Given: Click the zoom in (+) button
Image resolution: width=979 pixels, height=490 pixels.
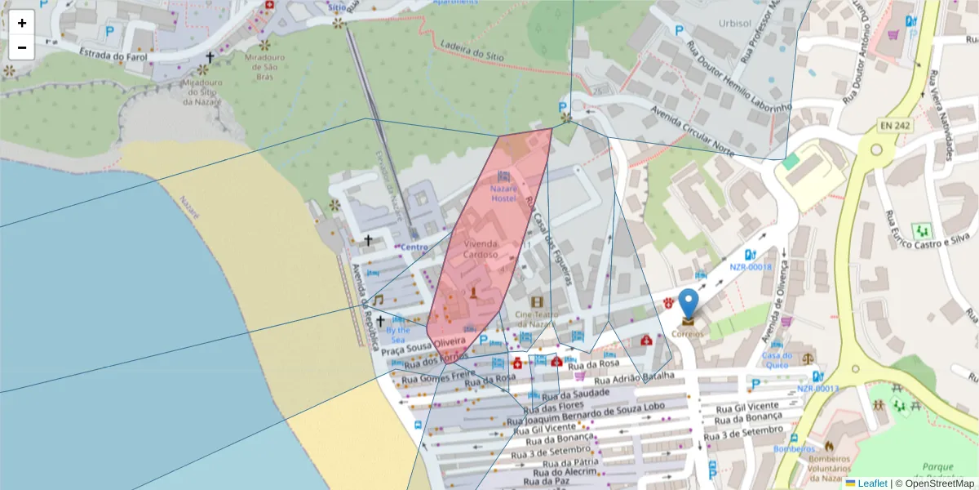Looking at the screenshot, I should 22,23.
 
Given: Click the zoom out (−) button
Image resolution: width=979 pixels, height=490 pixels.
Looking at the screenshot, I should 22,47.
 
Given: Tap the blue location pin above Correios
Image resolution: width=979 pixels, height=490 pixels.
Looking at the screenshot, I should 689,303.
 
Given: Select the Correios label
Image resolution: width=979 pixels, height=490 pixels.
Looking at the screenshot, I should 688,333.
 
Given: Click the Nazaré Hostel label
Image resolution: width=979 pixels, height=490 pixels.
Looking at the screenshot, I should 503,194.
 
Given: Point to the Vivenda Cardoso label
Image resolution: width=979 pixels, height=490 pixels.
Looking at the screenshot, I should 481,249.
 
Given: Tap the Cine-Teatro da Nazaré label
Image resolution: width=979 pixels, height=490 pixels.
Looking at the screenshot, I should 536,319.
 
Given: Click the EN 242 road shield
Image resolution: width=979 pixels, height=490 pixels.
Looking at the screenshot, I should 895,125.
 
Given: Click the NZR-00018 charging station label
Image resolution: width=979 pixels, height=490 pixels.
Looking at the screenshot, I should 750,267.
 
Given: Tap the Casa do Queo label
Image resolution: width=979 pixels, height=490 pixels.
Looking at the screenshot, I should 777,360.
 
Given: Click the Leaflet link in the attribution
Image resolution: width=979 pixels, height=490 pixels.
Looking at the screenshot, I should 872,483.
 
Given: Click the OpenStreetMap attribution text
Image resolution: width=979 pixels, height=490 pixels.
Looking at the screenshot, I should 939,483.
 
